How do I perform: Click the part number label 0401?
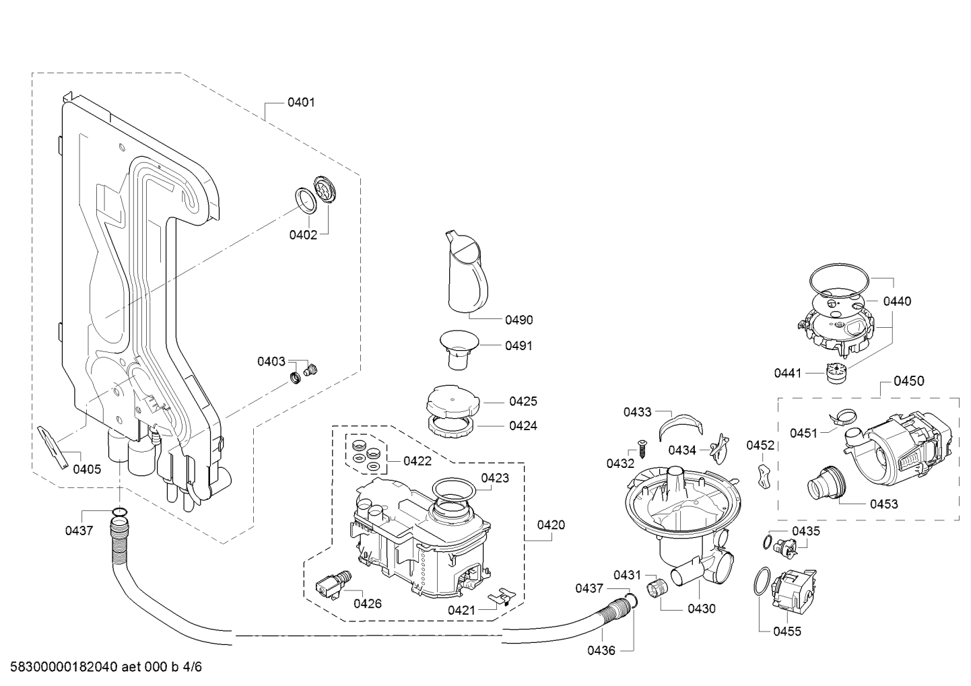[x=301, y=103]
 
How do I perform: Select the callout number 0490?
[x=519, y=320]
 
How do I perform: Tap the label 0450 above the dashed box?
[x=908, y=381]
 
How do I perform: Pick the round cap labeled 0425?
[x=453, y=401]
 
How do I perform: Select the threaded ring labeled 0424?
[x=450, y=427]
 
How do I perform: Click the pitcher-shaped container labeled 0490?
[x=466, y=272]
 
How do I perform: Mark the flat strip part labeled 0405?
[x=53, y=447]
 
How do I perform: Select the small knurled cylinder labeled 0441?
[x=834, y=373]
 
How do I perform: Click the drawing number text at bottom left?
[x=106, y=666]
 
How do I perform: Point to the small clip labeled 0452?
[x=764, y=477]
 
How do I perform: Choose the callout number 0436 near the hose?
[x=601, y=650]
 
